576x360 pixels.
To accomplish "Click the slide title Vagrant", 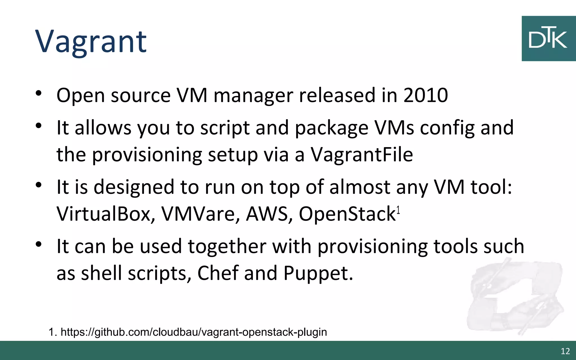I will [x=91, y=42].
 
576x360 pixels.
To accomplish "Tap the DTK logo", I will [x=548, y=39].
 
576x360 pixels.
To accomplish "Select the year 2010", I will [x=426, y=95].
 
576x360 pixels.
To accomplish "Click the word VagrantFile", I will [x=362, y=154].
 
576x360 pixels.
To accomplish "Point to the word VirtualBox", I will [x=106, y=214].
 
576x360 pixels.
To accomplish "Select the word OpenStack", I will [x=347, y=214].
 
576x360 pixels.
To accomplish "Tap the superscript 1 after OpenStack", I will [x=398, y=210].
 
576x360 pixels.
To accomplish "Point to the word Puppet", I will [x=318, y=273].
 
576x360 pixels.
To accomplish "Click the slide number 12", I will [x=565, y=351].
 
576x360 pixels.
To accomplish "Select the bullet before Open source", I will [x=39, y=93].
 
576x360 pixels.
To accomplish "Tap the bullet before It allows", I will [x=39, y=125].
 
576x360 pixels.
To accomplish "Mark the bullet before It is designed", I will [x=39, y=185].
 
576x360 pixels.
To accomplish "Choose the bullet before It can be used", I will [x=39, y=244].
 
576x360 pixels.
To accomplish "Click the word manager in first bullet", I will [x=253, y=96].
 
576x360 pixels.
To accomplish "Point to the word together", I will [x=227, y=246].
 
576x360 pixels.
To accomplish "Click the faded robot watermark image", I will [x=515, y=298].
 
